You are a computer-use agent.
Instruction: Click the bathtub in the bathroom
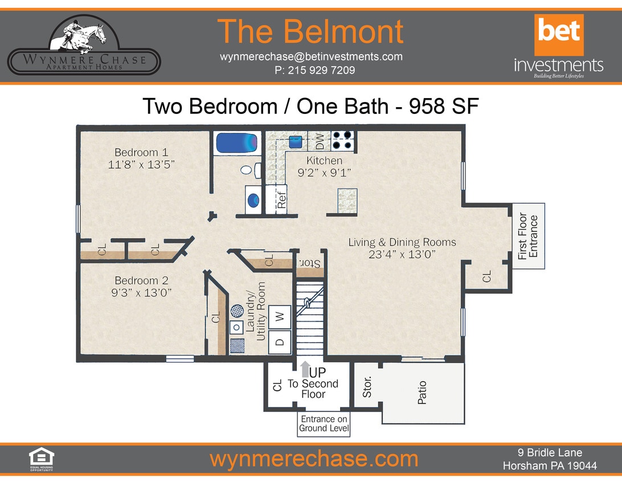point(237,142)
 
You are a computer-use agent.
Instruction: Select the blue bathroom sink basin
point(254,200)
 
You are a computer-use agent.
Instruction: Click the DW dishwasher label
point(320,140)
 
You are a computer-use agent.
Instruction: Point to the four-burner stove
point(343,140)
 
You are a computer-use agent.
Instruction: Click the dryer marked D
point(280,342)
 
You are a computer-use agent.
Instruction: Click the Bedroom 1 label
point(141,152)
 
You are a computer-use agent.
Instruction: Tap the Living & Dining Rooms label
point(402,242)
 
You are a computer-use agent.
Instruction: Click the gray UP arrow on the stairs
point(305,368)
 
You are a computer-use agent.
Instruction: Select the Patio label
point(423,393)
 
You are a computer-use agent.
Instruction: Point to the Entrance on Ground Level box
point(324,425)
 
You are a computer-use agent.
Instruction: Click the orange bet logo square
point(558,35)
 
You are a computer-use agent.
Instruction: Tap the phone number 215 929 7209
point(314,71)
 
